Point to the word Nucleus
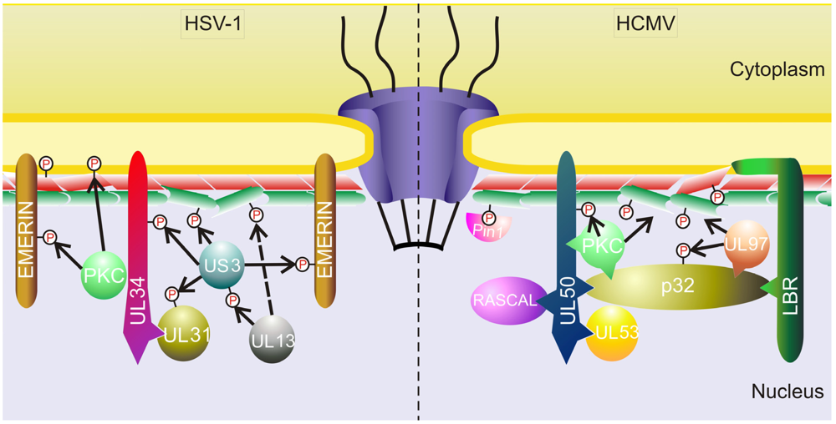click(x=787, y=391)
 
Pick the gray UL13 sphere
click(x=272, y=339)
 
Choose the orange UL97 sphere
click(x=749, y=245)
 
